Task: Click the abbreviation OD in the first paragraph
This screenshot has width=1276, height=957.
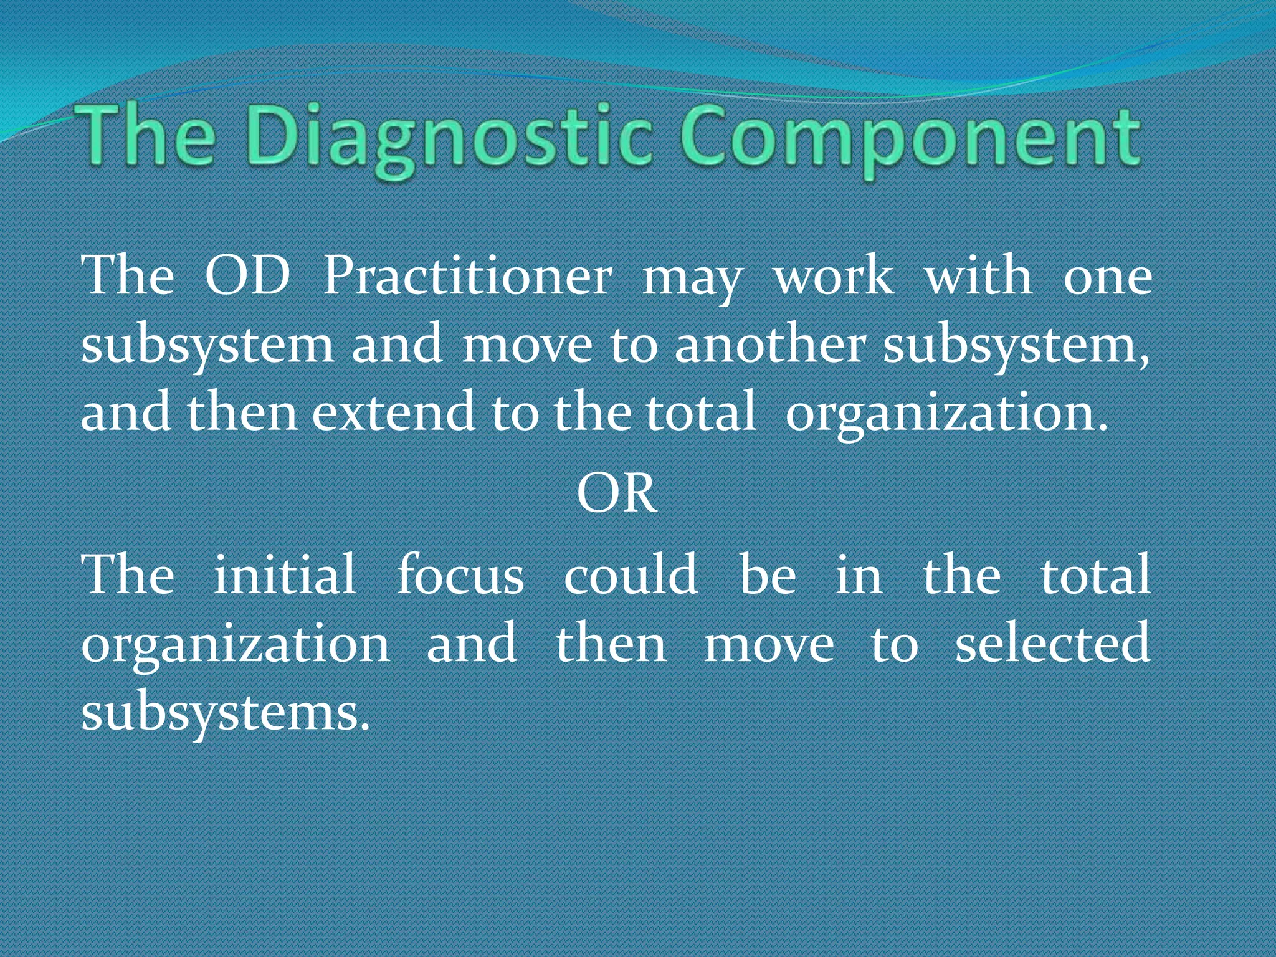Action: coord(247,276)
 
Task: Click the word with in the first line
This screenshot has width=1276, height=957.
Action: coord(978,276)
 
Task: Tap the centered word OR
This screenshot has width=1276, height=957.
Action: coord(617,494)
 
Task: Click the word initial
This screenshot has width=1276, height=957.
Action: coord(284,574)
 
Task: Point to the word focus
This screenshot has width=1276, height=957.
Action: coord(460,574)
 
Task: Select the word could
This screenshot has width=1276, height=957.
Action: coord(630,574)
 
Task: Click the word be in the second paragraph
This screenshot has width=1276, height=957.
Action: coord(768,574)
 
